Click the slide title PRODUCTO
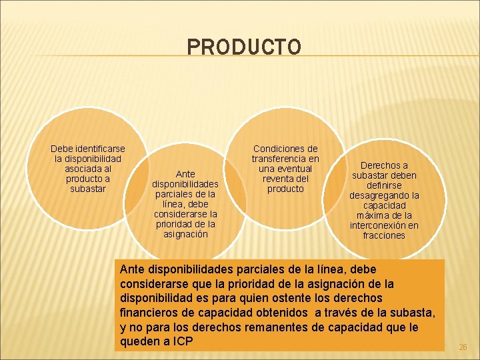244,47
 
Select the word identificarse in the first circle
99,149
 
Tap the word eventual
293,169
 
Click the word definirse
385,185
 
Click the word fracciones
384,235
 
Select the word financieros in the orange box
147,313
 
